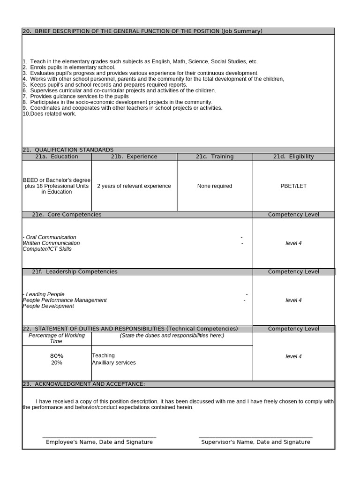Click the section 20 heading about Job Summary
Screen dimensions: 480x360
point(142,31)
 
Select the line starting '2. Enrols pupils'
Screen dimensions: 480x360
point(69,67)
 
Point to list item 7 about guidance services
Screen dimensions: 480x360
point(75,96)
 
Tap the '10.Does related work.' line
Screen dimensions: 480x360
point(49,113)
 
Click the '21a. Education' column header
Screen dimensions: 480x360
point(57,157)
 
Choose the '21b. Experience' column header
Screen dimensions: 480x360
point(134,157)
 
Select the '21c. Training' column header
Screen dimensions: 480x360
point(215,157)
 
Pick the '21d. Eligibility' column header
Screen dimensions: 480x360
point(293,157)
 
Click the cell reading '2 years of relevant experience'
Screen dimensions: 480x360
point(134,186)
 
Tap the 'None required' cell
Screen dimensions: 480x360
point(215,186)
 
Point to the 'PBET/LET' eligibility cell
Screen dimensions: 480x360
point(293,186)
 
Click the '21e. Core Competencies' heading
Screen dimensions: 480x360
point(67,215)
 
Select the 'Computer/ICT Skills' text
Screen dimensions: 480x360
point(47,249)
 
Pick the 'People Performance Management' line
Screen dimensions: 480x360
point(65,300)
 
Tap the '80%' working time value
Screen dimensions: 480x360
point(57,356)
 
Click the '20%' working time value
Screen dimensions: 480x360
point(57,363)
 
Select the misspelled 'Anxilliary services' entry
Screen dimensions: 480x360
point(114,363)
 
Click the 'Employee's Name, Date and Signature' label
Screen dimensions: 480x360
point(99,442)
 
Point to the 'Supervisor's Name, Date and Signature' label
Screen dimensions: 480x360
point(255,442)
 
